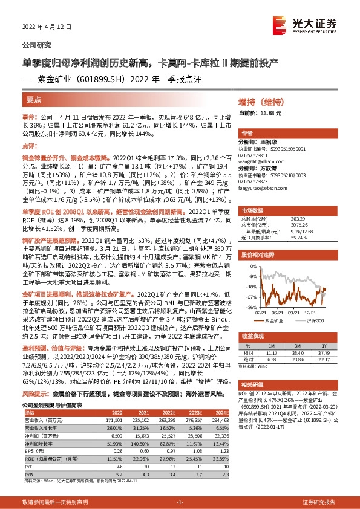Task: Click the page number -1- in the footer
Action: (180, 502)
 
